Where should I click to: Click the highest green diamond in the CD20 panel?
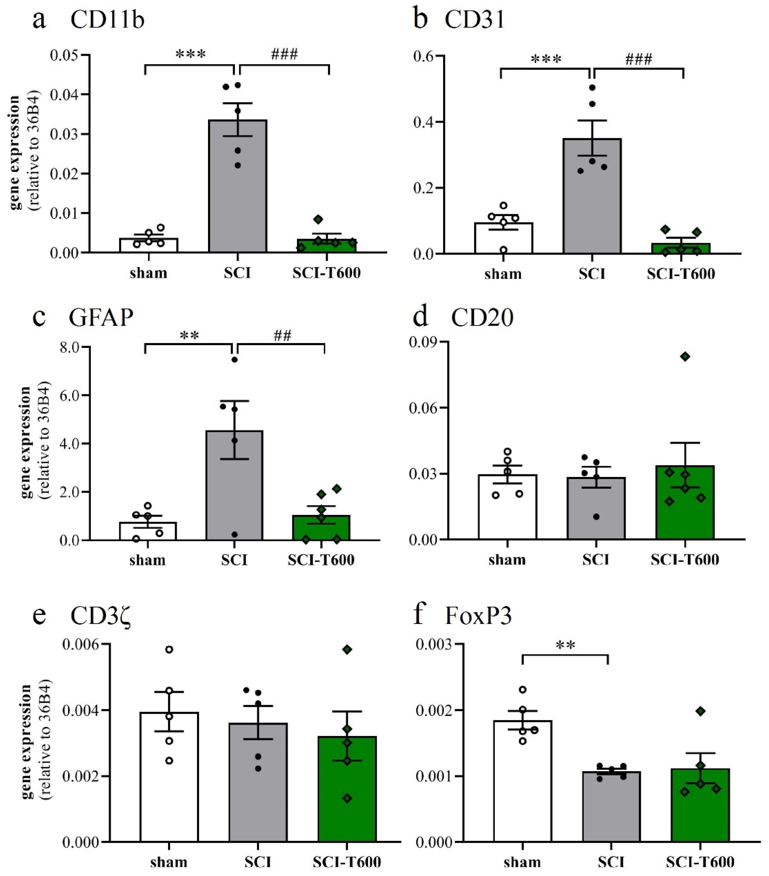pos(685,356)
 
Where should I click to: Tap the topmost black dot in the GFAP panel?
pos(235,360)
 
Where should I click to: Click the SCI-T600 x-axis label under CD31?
pos(681,274)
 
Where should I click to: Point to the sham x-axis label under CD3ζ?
pos(168,862)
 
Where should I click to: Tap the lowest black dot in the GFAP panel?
pos(235,534)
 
